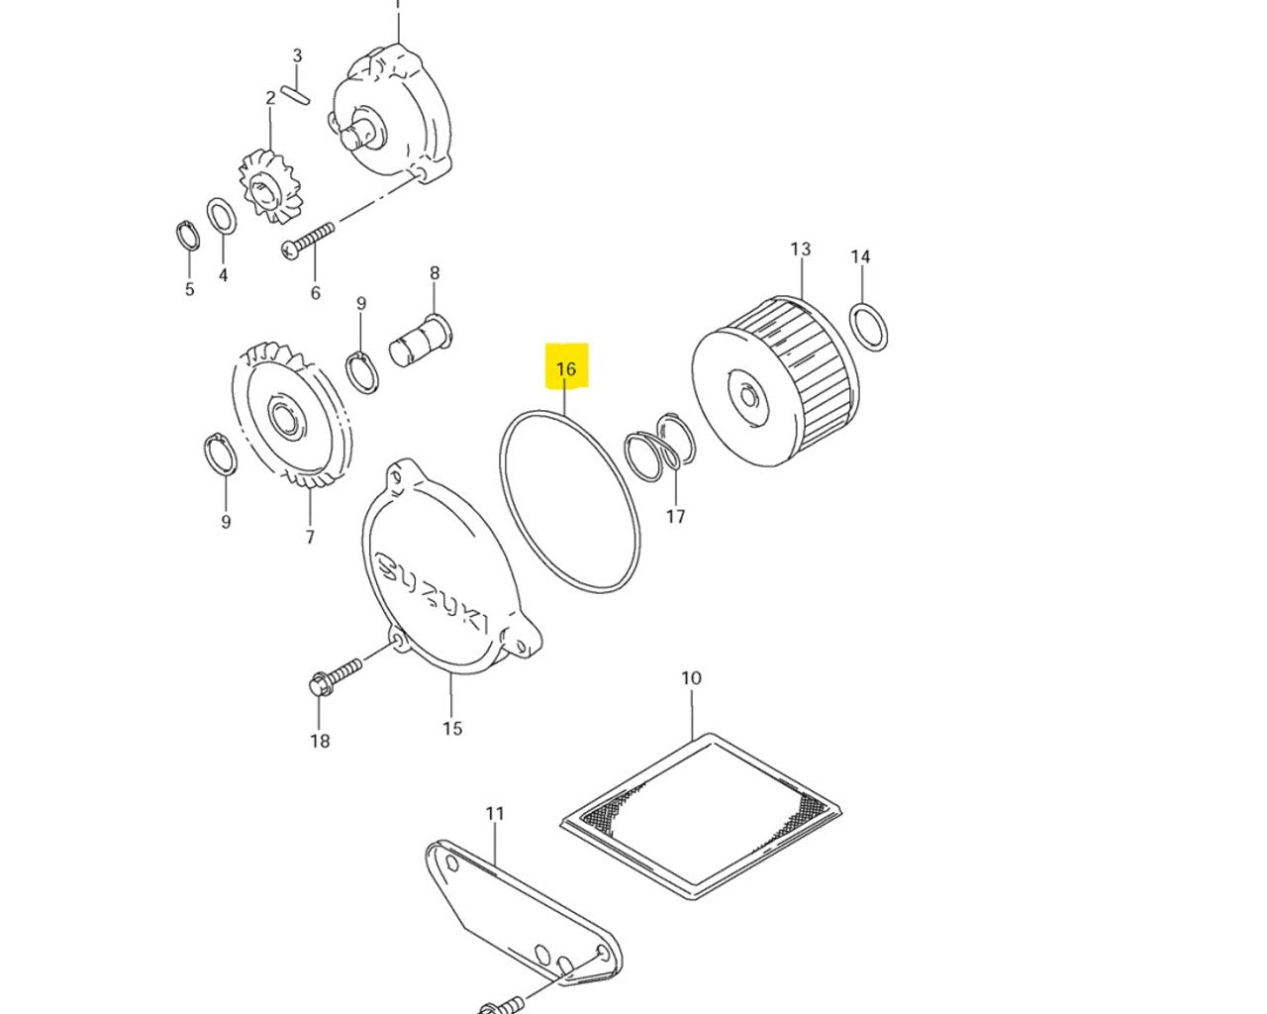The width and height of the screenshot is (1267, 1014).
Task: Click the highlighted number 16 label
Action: tap(566, 369)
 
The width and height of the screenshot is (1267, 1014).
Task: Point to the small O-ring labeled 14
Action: tap(868, 327)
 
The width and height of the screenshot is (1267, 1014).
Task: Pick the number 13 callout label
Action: tap(800, 249)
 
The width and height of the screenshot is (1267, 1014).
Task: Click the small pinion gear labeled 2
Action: tap(269, 187)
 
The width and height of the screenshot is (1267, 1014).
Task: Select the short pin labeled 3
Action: tap(295, 94)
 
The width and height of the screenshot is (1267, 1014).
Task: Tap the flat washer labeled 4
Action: tap(222, 215)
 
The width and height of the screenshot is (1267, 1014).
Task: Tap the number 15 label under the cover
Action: tap(451, 729)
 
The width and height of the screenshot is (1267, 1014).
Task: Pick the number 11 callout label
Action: tap(495, 813)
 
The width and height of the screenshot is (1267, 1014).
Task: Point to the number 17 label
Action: tap(675, 516)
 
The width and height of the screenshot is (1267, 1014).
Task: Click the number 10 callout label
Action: tap(691, 678)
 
